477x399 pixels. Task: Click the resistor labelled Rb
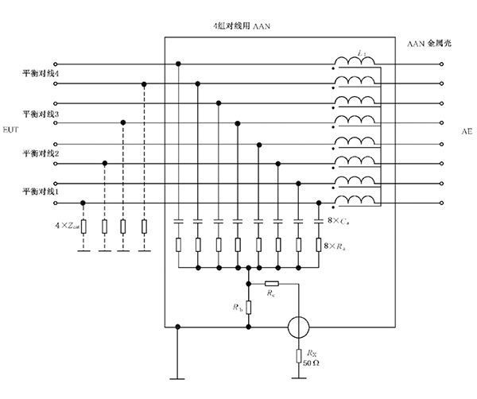pyautogui.click(x=249, y=306)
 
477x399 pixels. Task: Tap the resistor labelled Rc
pyautogui.click(x=271, y=283)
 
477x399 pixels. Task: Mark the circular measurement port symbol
pyautogui.click(x=297, y=326)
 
